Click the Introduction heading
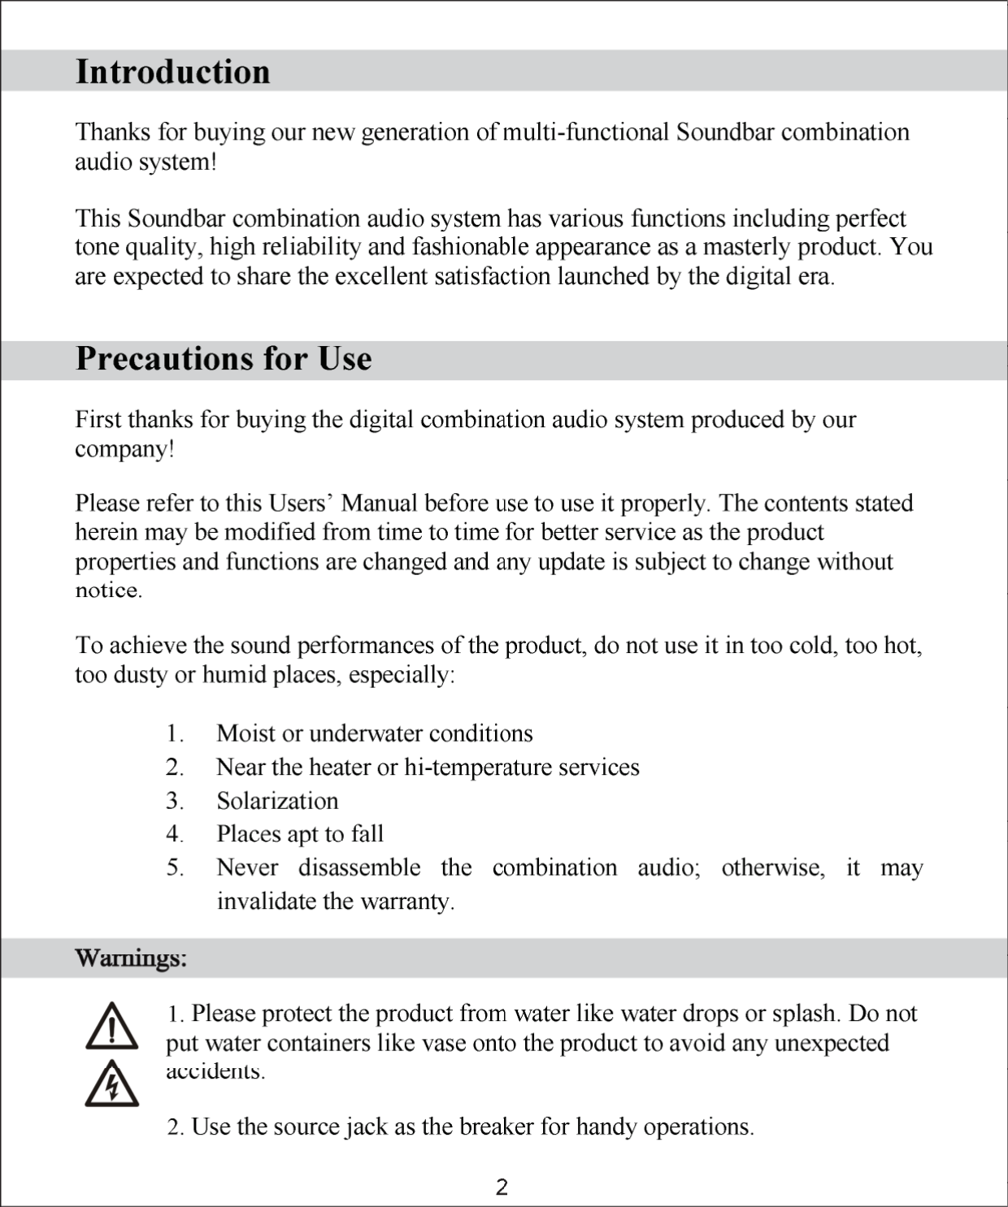[x=172, y=71]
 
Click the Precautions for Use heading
[x=224, y=358]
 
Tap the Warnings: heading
[x=131, y=958]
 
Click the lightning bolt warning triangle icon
[x=111, y=1084]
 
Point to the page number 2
[x=502, y=1188]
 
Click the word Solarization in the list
[x=277, y=801]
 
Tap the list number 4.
[x=173, y=834]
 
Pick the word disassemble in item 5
[x=359, y=867]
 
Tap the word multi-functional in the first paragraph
[x=585, y=132]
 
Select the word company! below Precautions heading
[x=124, y=449]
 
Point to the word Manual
[x=379, y=504]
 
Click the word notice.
[x=108, y=591]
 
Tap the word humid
[x=234, y=675]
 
